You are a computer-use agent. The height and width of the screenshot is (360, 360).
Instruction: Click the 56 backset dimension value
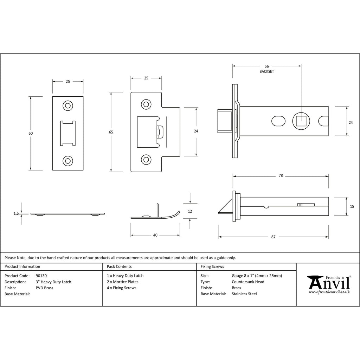(x=266, y=66)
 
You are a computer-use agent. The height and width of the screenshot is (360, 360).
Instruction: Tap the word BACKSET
(x=266, y=71)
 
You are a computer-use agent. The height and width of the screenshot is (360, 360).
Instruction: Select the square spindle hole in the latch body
(x=301, y=121)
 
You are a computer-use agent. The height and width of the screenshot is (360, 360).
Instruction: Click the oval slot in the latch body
(x=278, y=121)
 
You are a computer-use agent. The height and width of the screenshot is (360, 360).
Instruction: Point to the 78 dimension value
(x=281, y=176)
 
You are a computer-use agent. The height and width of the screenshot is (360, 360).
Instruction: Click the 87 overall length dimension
(x=273, y=237)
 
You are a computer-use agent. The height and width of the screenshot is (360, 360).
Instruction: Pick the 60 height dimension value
(x=31, y=133)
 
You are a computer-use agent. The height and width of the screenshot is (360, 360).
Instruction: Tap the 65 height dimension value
(x=111, y=132)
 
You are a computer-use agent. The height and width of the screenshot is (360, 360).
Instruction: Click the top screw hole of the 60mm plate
(x=68, y=106)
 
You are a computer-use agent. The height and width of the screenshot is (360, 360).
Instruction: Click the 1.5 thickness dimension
(x=16, y=213)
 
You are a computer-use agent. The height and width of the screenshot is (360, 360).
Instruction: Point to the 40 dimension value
(x=155, y=235)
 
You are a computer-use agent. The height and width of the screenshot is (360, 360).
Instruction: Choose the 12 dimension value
(x=190, y=211)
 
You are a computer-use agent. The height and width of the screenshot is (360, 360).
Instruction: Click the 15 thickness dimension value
(x=352, y=207)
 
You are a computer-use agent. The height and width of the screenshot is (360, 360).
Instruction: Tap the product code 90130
(x=41, y=276)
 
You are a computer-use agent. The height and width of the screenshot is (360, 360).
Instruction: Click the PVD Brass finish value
(x=45, y=288)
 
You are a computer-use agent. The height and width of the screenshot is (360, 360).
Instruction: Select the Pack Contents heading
(x=119, y=266)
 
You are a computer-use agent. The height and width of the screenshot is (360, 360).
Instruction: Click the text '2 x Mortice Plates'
(x=123, y=282)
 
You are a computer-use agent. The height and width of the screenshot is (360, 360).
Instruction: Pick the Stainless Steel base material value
(x=244, y=294)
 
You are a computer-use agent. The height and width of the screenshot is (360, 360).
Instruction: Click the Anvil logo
(x=329, y=284)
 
